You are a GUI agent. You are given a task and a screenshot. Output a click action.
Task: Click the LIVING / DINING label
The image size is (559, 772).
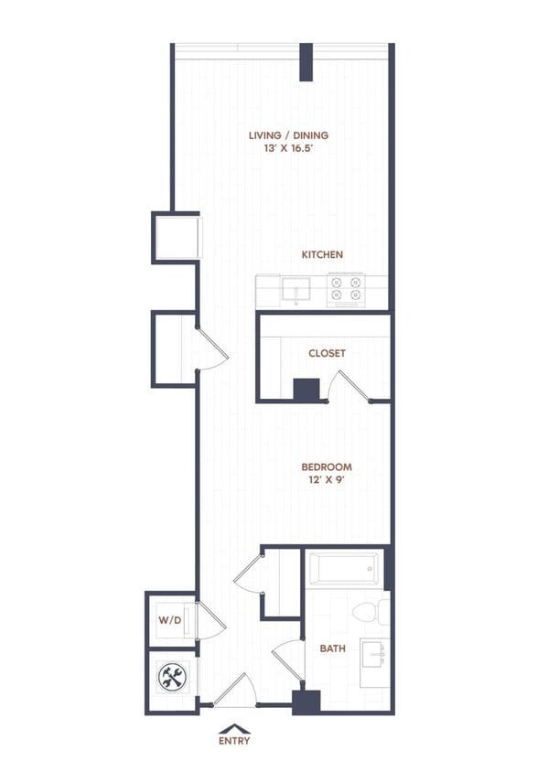288,135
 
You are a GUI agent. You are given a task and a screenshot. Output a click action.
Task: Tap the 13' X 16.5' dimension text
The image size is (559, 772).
288,149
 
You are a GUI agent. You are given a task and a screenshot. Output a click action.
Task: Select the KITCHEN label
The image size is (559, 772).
324,254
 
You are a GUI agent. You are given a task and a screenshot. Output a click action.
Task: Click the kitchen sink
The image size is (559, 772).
296,292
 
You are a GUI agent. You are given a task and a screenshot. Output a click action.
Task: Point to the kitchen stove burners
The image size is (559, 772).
346,290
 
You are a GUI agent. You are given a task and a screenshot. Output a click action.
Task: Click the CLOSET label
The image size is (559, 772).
327,353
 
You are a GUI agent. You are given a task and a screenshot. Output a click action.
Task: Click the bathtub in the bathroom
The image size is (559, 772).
343,569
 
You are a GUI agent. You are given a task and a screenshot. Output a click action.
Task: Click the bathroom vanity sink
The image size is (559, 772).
373,655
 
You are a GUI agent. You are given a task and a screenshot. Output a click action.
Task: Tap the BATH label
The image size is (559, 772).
332,649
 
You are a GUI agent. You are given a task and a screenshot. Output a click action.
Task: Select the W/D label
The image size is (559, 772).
170,621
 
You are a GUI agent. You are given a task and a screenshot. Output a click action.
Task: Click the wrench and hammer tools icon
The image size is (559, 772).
171,678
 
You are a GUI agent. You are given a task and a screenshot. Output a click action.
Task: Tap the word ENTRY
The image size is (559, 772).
234,741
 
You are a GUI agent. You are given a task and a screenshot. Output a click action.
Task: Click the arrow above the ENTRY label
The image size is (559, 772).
234,728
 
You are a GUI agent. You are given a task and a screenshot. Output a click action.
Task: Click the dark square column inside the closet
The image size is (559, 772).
306,390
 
